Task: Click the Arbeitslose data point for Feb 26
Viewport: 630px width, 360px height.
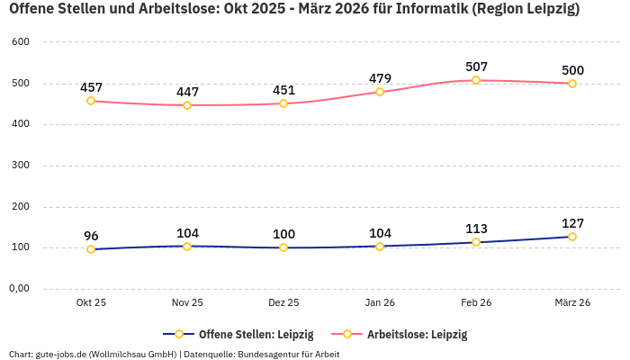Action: [x=476, y=80]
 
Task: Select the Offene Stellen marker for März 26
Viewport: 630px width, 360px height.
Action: [x=572, y=237]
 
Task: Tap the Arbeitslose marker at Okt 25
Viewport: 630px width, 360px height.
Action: [x=91, y=101]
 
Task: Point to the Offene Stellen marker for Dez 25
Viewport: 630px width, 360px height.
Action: [x=283, y=247]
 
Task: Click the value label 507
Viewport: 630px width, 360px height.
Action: [x=476, y=67]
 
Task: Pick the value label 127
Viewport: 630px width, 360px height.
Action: [x=572, y=223]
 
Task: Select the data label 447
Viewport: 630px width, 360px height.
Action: [x=187, y=92]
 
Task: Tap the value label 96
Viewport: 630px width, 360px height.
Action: [x=91, y=236]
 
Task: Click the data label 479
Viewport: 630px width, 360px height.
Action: [x=380, y=78]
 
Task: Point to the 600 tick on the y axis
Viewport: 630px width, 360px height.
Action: [x=21, y=42]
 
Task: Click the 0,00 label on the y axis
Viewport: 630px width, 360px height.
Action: [x=19, y=289]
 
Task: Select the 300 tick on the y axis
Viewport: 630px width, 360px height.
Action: [x=21, y=166]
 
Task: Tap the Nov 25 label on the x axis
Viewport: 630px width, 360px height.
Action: [x=187, y=303]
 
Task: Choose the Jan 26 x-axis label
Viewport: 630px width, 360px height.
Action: [x=380, y=303]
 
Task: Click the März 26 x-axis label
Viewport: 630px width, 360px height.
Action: [x=572, y=303]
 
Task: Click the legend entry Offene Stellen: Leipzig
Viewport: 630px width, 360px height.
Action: [x=256, y=334]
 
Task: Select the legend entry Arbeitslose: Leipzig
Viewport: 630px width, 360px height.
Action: [x=417, y=334]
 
